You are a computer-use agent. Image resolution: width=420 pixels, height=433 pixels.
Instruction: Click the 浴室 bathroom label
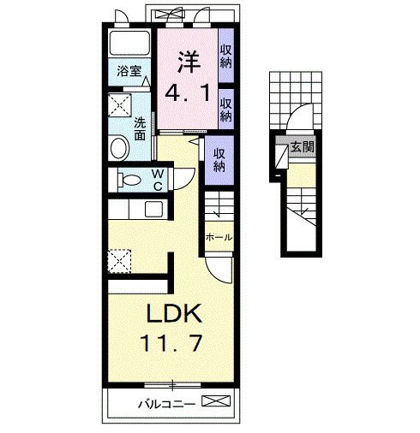129,71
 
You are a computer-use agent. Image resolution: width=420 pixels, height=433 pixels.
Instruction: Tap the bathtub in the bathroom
130,43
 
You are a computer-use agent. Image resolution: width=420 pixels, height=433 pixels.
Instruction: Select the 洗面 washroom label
140,128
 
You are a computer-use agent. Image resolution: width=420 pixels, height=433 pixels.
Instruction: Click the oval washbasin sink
120,148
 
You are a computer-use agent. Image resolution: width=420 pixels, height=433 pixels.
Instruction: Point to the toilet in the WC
129,180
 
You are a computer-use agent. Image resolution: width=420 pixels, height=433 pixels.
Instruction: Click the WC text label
158,180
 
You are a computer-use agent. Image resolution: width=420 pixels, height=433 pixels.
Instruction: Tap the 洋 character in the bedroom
189,62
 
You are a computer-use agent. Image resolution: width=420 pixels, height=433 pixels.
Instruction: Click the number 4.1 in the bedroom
189,93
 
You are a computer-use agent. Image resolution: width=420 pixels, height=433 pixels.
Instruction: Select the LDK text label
173,313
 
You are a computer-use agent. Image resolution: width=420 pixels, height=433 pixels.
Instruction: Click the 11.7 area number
171,343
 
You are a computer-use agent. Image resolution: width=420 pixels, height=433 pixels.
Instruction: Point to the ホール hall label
219,237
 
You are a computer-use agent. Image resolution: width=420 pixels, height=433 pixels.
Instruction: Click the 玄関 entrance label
303,147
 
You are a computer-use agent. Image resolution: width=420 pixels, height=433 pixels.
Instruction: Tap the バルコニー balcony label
167,404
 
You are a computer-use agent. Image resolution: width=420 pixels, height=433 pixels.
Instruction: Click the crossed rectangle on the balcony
216,400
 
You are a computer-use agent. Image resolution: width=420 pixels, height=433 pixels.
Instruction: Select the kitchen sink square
153,209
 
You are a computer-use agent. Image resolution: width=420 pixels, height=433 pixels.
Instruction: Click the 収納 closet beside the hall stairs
219,160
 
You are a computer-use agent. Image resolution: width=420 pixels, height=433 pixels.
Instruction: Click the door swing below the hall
219,270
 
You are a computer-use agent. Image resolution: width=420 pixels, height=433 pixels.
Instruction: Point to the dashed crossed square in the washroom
120,104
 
